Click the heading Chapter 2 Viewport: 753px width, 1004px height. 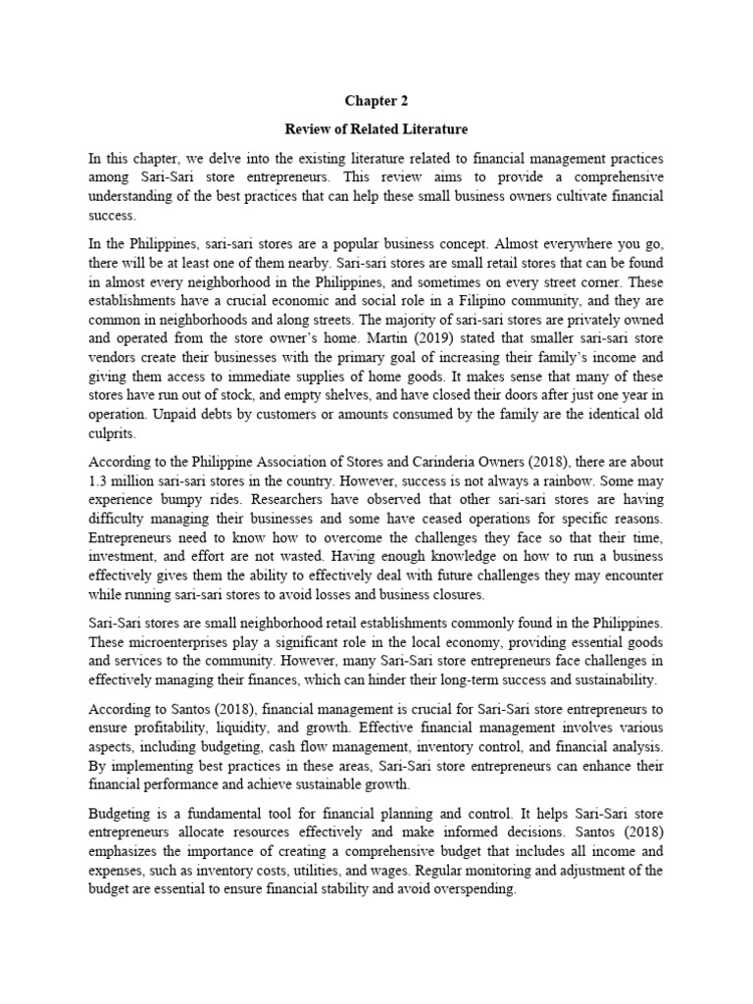click(x=376, y=100)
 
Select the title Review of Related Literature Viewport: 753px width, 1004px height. click(x=376, y=128)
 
